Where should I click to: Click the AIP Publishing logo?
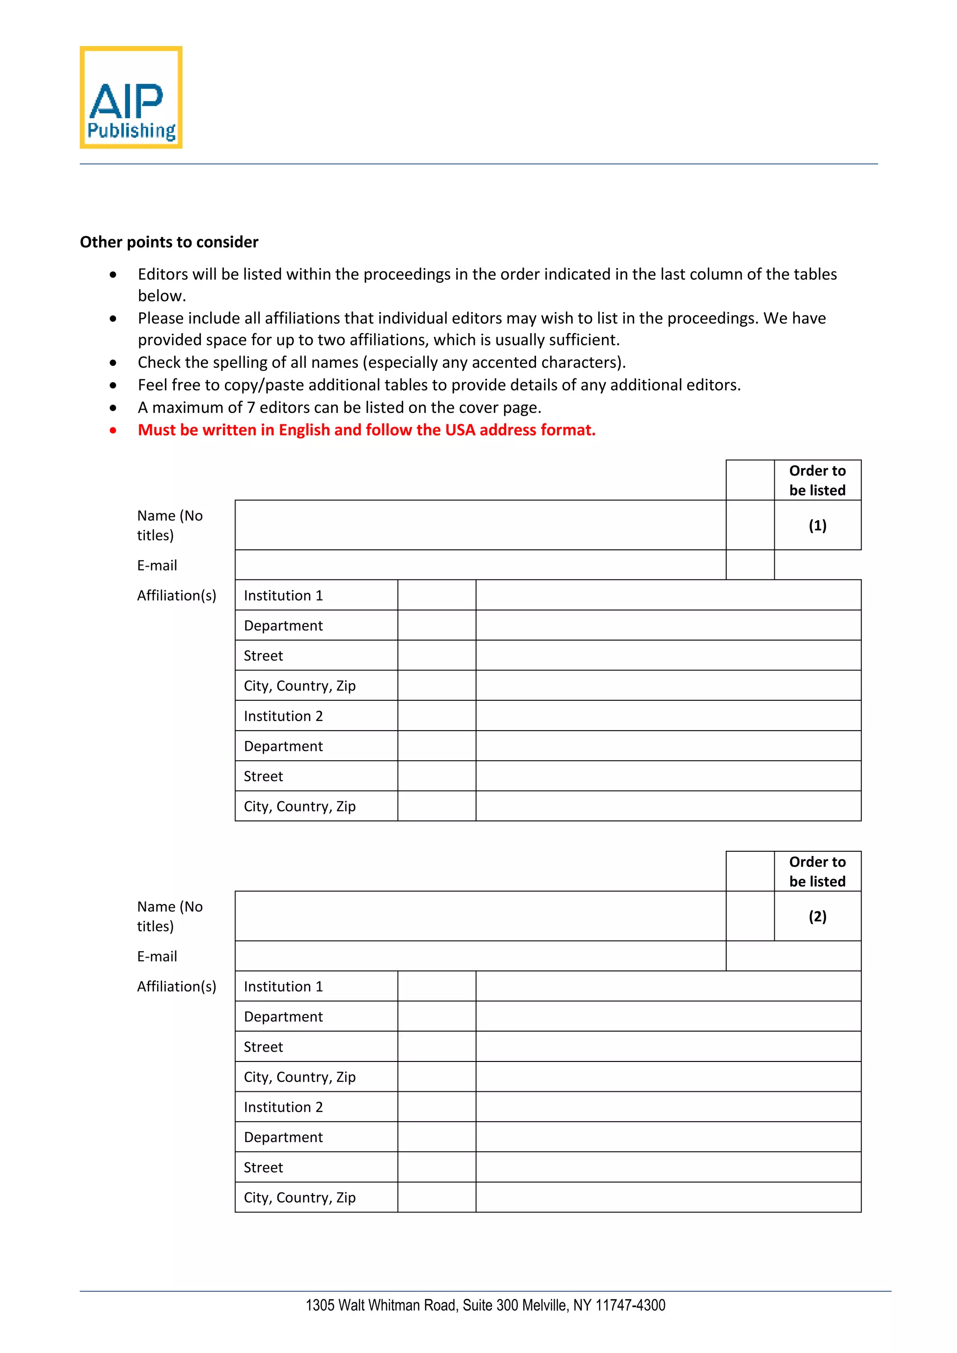pyautogui.click(x=131, y=98)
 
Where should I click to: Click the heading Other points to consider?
pyautogui.click(x=169, y=242)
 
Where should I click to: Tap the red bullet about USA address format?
pyautogui.click(x=366, y=430)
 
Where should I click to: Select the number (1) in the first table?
pyautogui.click(x=817, y=525)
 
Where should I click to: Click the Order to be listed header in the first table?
pyautogui.click(x=817, y=480)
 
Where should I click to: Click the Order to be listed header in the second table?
pyautogui.click(x=817, y=871)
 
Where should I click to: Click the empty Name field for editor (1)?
pyautogui.click(x=480, y=525)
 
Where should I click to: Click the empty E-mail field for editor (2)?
pyautogui.click(x=480, y=956)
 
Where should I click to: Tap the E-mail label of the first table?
pyautogui.click(x=157, y=566)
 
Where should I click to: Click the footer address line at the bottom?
pyautogui.click(x=485, y=1305)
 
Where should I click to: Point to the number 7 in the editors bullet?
pyautogui.click(x=251, y=408)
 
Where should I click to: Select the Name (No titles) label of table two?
pyautogui.click(x=169, y=916)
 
